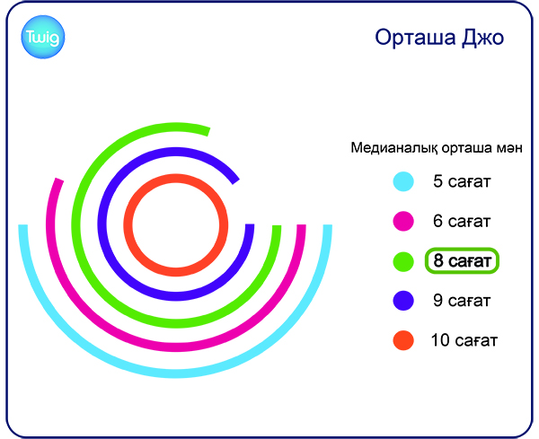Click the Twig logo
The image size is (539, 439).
[43, 37]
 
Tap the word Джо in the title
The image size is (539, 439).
[483, 38]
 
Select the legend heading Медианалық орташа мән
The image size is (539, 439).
[437, 148]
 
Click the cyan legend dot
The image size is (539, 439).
[403, 181]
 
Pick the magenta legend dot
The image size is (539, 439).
[403, 221]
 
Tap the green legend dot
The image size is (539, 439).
[403, 261]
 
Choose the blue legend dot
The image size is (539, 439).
[403, 301]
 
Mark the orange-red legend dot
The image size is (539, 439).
[403, 340]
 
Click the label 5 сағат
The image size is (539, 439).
[462, 181]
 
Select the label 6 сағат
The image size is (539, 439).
[462, 221]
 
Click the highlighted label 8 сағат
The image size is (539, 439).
[462, 260]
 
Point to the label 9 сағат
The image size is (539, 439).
[462, 301]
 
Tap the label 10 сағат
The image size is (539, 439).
[464, 340]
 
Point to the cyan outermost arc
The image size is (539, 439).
[176, 373]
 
